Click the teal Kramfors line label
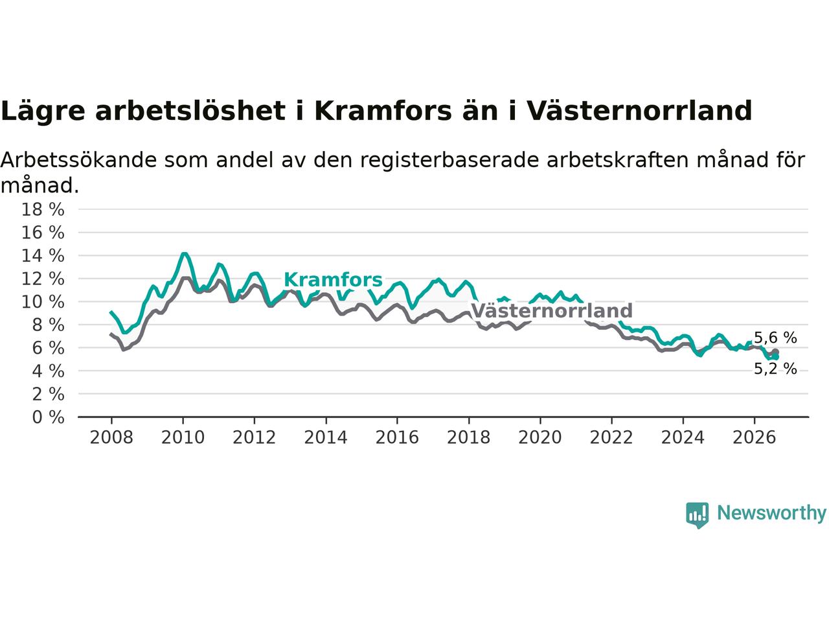[x=333, y=280]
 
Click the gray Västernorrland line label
[x=552, y=311]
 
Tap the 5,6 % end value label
[x=775, y=338]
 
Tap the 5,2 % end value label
[x=775, y=369]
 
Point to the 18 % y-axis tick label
[x=43, y=209]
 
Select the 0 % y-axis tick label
[x=48, y=417]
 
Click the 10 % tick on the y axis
[x=43, y=302]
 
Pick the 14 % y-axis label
[x=43, y=256]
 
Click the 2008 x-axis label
[x=111, y=438]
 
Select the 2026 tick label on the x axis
[x=755, y=438]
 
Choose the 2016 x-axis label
[x=397, y=438]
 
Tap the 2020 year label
[x=540, y=438]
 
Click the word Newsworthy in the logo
[x=772, y=513]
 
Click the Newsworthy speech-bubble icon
[x=697, y=515]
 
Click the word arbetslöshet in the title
[x=190, y=111]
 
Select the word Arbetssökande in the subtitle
[x=78, y=160]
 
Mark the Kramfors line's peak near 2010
[x=184, y=254]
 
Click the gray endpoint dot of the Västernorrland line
[x=775, y=352]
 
